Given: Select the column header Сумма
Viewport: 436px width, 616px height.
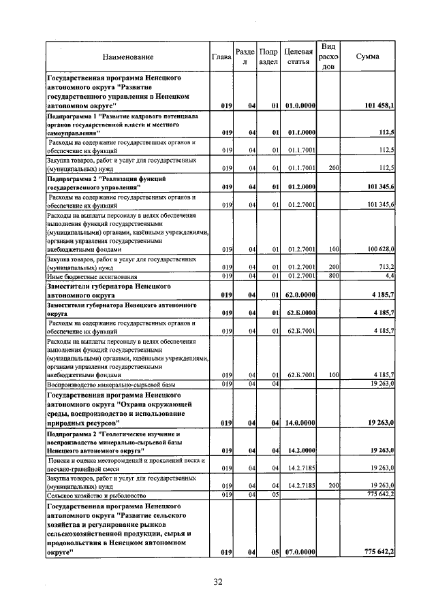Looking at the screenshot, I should (368, 57).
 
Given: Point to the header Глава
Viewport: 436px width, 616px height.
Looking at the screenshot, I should (222, 57).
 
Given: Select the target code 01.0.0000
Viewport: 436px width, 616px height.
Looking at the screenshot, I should (300, 106).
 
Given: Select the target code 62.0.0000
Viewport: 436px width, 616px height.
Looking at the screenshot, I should (300, 295).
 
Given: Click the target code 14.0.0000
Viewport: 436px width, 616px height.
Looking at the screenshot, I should (300, 423).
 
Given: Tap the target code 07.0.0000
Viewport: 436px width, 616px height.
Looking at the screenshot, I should (300, 551).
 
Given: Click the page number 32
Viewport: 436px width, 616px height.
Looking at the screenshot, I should (218, 582).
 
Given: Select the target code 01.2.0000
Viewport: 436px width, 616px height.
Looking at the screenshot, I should (300, 186).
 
